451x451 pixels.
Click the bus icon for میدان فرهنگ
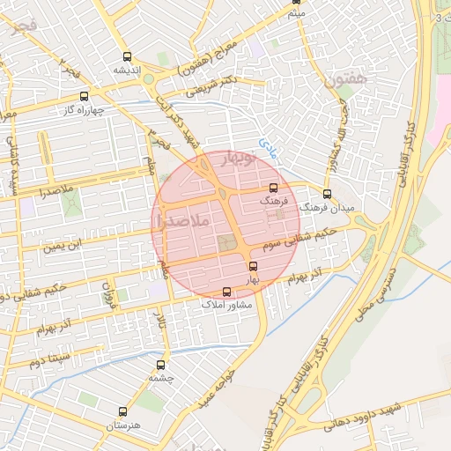327,194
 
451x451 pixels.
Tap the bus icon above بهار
254,265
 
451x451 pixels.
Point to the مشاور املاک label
227,304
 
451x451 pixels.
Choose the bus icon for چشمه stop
160,365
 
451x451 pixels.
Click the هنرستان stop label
122,425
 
